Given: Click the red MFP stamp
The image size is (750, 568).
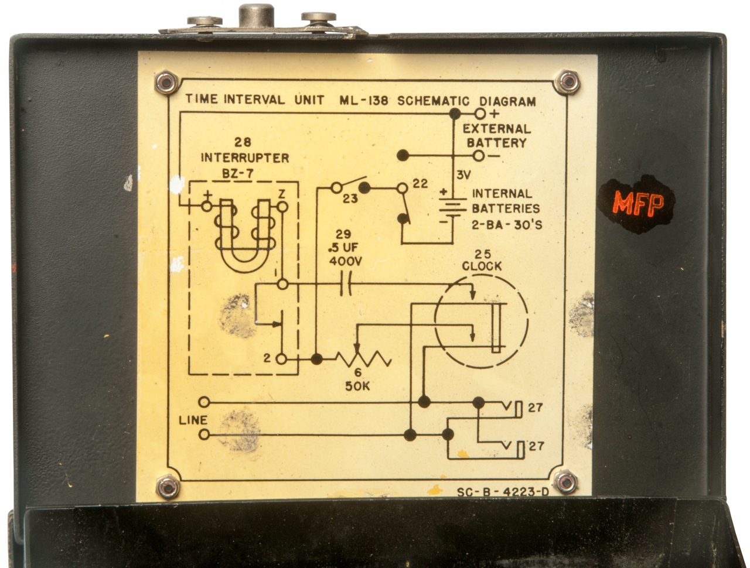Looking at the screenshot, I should tap(638, 204).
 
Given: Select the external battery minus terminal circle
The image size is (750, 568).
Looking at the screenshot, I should tap(479, 156).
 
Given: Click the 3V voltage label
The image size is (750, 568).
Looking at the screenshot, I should tap(463, 174).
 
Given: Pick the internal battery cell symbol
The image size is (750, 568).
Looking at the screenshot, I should tap(452, 207).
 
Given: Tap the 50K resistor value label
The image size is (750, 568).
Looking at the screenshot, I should tap(357, 386).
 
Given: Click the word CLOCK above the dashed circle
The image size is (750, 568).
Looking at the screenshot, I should tap(482, 266).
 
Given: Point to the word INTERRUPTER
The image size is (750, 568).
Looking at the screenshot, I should tap(245, 158).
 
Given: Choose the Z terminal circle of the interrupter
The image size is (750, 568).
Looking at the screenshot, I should tap(282, 207).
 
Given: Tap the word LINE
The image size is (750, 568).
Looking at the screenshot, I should tap(193, 420).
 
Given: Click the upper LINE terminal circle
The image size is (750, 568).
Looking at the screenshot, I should tap(204, 402).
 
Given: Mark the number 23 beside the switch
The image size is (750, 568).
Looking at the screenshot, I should tap(350, 199).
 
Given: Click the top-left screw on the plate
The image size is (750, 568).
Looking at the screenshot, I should tap(166, 82).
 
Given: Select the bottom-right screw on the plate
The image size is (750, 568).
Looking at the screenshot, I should tap(566, 481).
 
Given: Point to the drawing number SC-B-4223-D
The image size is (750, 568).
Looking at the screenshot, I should tap(503, 492).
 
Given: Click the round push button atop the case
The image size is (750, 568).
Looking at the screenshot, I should tap(258, 15).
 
